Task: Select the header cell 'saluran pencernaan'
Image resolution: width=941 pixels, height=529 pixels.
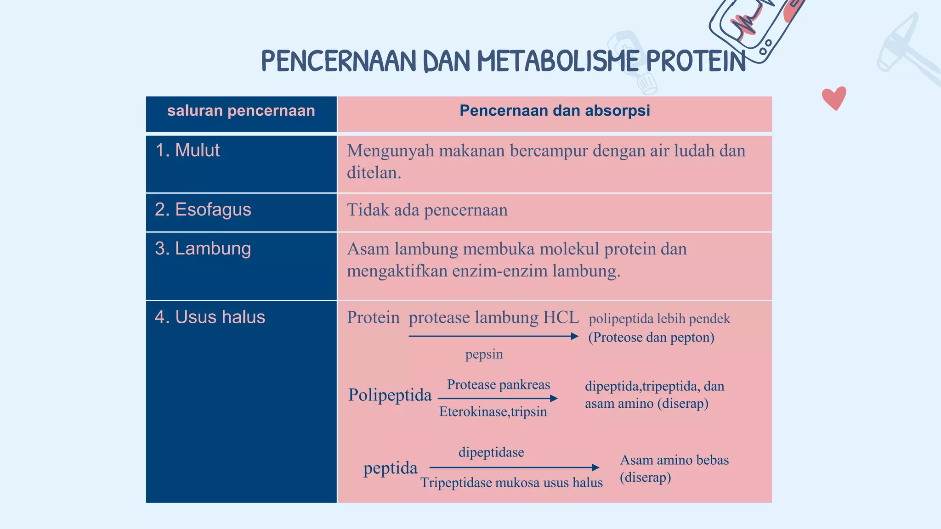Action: pyautogui.click(x=241, y=111)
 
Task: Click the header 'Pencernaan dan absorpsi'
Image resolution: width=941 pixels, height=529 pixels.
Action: pyautogui.click(x=555, y=111)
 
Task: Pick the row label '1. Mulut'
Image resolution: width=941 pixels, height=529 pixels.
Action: pyautogui.click(x=187, y=151)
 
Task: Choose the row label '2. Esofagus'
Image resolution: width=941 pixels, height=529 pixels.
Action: pyautogui.click(x=203, y=209)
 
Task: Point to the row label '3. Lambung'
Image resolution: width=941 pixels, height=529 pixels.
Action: pyautogui.click(x=203, y=248)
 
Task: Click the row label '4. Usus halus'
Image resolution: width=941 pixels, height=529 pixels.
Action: pyautogui.click(x=210, y=317)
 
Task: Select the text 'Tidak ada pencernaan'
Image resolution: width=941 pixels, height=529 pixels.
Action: pyautogui.click(x=427, y=210)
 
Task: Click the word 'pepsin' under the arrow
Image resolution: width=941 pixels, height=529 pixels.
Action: pyautogui.click(x=484, y=354)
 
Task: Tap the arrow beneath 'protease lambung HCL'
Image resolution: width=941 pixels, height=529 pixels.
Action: pyautogui.click(x=493, y=336)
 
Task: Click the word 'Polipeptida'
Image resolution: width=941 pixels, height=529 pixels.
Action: pyautogui.click(x=390, y=395)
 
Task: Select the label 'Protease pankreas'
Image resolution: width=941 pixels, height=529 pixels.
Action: pyautogui.click(x=499, y=384)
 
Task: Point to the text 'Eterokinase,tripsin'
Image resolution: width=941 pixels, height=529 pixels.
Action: pyautogui.click(x=493, y=411)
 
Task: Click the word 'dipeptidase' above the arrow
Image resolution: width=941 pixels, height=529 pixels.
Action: pyautogui.click(x=491, y=452)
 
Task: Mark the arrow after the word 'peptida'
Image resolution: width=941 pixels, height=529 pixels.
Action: pyautogui.click(x=514, y=467)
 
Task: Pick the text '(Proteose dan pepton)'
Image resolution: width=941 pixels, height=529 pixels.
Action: pyautogui.click(x=651, y=338)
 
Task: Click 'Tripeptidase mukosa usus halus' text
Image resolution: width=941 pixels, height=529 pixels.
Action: pyautogui.click(x=511, y=483)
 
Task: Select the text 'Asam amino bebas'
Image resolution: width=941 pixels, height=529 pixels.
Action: pyautogui.click(x=674, y=460)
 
